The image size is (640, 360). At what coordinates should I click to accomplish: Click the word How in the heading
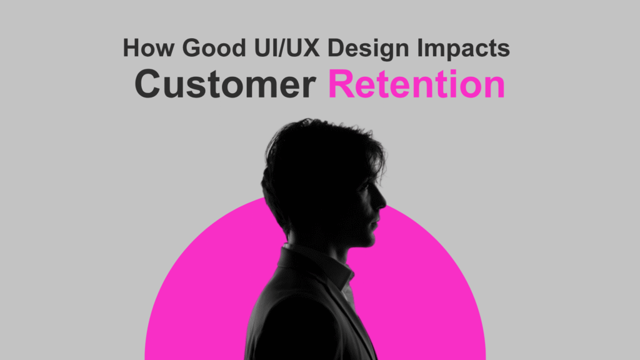(x=148, y=47)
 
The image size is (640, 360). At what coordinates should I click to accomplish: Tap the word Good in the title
(x=214, y=47)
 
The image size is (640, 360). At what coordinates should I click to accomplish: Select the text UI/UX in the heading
(x=286, y=47)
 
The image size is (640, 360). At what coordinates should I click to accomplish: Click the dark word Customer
(x=225, y=84)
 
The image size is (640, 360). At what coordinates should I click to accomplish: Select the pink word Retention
(x=417, y=84)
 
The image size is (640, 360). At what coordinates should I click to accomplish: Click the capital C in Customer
(x=148, y=84)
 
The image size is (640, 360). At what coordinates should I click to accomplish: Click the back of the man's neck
(x=286, y=232)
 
